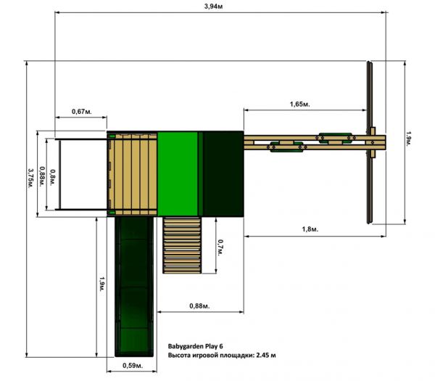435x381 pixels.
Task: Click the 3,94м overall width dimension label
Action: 213,6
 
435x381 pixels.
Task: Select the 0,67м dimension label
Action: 81,111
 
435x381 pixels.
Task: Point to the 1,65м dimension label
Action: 300,104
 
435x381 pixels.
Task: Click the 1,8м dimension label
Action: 310,229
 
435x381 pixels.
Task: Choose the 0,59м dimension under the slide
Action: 133,366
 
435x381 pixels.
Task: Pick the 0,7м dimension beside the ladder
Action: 220,247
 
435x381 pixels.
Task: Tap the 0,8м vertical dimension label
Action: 53,178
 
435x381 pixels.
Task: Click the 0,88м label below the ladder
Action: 200,306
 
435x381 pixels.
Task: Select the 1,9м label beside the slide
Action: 102,284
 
